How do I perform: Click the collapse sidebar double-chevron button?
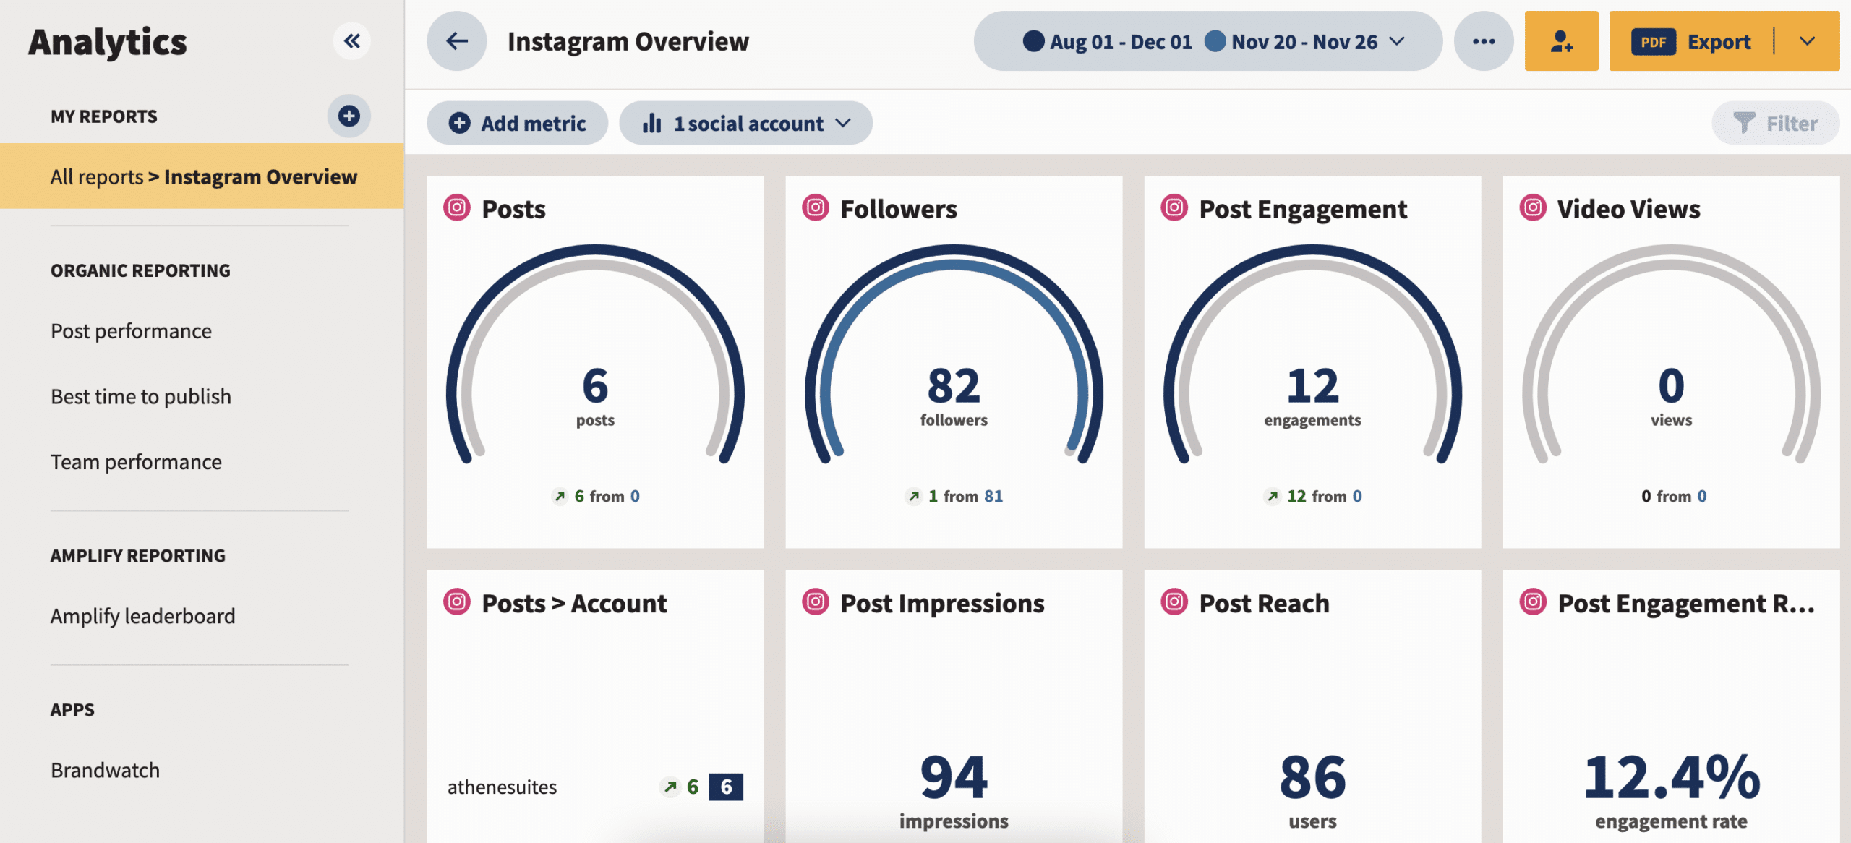pyautogui.click(x=351, y=41)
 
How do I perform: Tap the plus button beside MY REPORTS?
pyautogui.click(x=349, y=116)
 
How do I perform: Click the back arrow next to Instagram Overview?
pyautogui.click(x=457, y=41)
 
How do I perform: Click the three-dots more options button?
pyautogui.click(x=1483, y=41)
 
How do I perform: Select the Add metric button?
pyautogui.click(x=518, y=124)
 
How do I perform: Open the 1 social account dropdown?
pyautogui.click(x=746, y=124)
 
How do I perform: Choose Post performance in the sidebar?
pyautogui.click(x=131, y=331)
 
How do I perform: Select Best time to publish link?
pyautogui.click(x=141, y=397)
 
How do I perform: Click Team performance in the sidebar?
pyautogui.click(x=136, y=463)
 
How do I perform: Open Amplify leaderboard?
pyautogui.click(x=142, y=617)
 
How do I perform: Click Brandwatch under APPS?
pyautogui.click(x=105, y=771)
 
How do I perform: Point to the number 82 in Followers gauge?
pyautogui.click(x=953, y=386)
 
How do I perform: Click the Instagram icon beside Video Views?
pyautogui.click(x=1533, y=208)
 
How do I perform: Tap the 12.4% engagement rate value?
pyautogui.click(x=1671, y=778)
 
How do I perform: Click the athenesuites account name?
pyautogui.click(x=502, y=787)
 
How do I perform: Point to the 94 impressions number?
pyautogui.click(x=953, y=778)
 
